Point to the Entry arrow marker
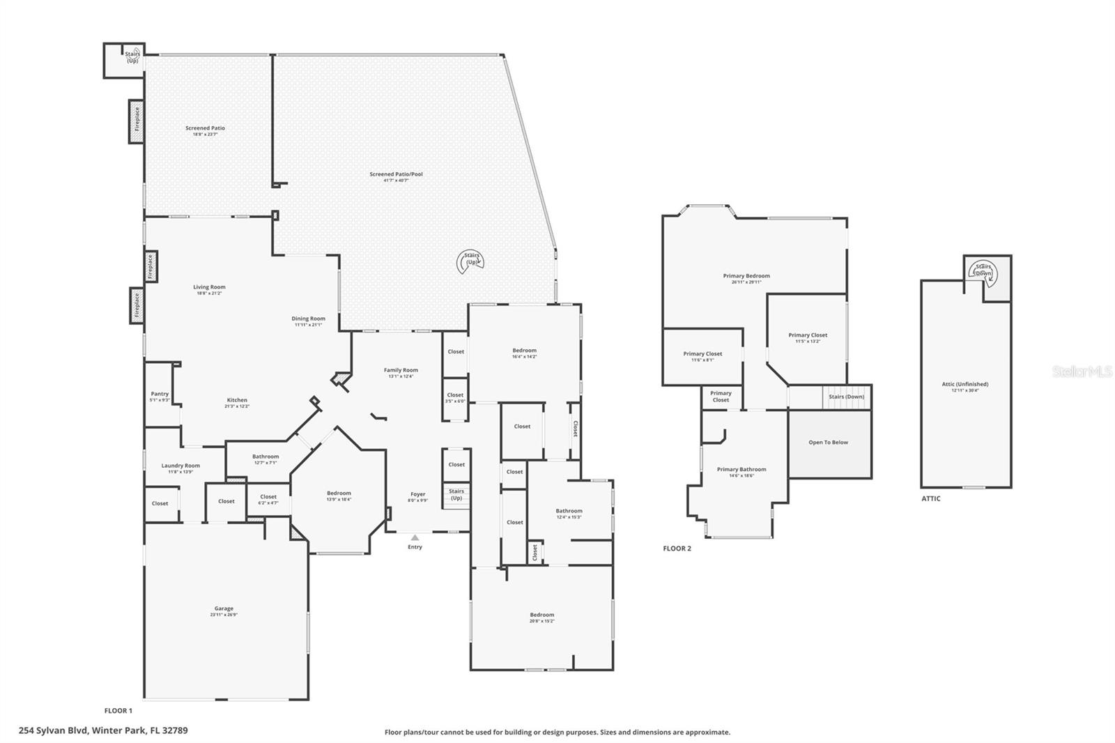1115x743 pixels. (415, 538)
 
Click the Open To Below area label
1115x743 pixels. (828, 442)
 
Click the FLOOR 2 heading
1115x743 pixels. (677, 549)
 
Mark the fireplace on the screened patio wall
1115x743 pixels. (137, 121)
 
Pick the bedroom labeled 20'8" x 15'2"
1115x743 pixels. (541, 617)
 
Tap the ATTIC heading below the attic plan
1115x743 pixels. (930, 498)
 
